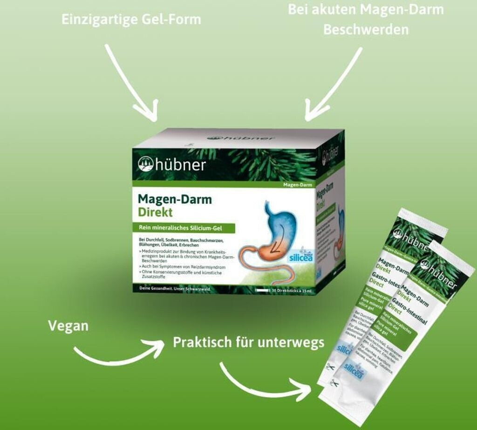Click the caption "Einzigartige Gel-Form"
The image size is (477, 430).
(132, 20)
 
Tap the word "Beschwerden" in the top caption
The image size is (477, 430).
(366, 30)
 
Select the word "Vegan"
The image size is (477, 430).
(68, 326)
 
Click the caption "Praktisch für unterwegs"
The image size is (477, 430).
(248, 342)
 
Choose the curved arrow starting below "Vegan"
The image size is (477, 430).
(119, 352)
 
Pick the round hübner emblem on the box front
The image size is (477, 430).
(146, 164)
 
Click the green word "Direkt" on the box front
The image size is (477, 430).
(155, 212)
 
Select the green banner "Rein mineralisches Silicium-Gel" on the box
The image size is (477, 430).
(184, 228)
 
